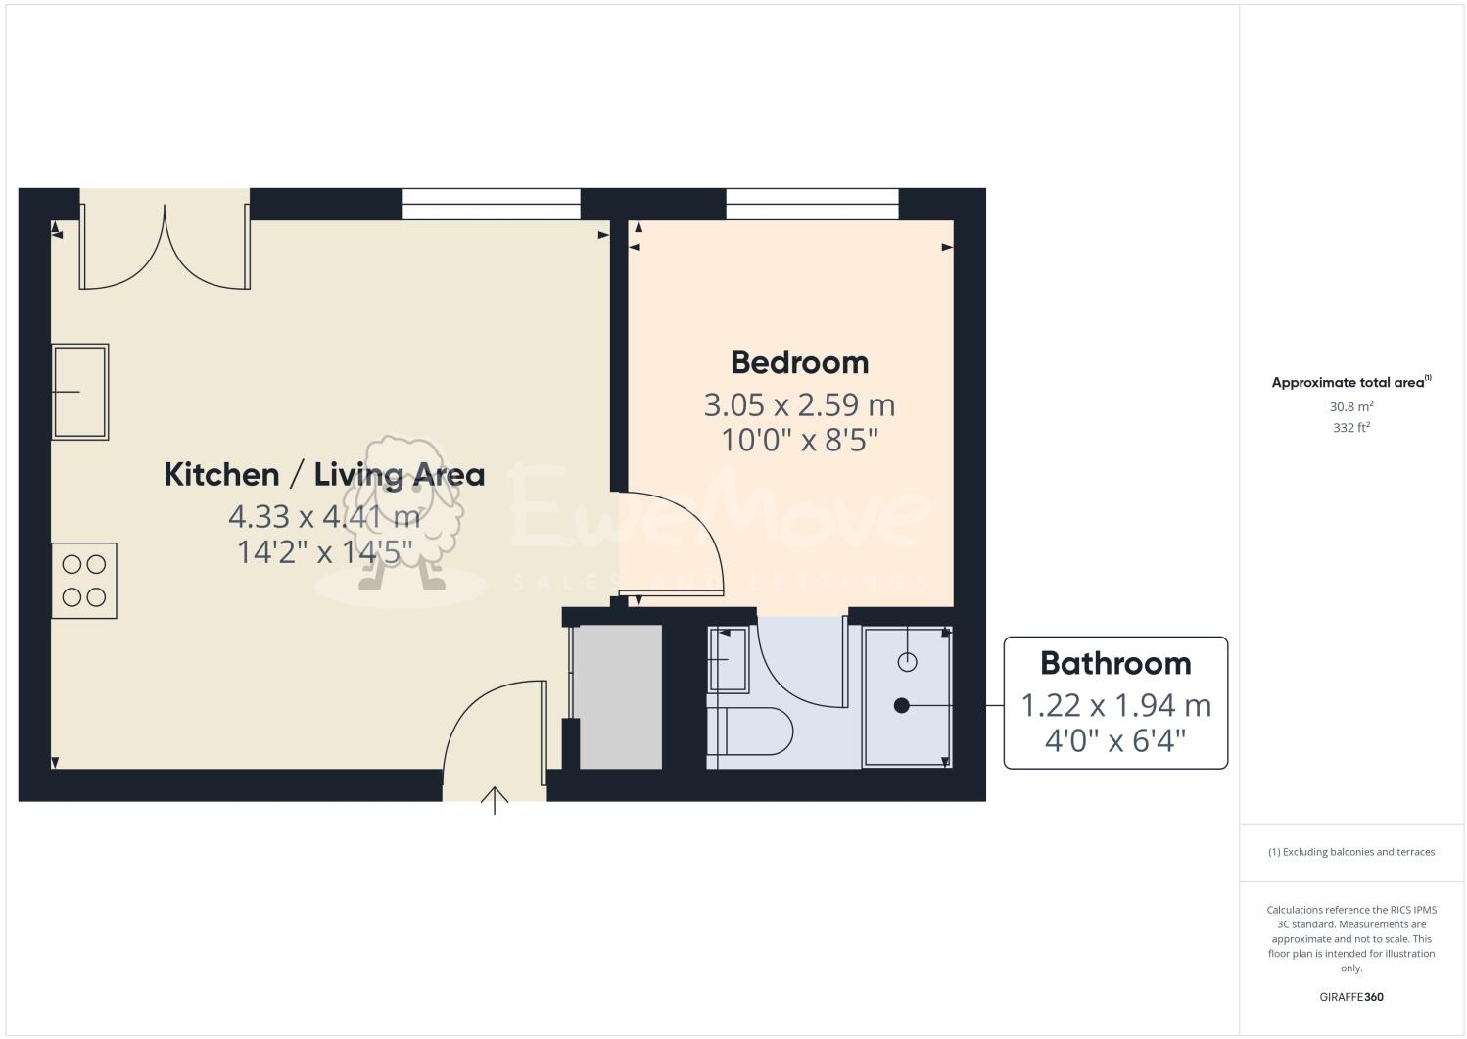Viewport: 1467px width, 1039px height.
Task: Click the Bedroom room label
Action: [799, 362]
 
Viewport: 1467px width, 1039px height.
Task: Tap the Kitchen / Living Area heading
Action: [324, 475]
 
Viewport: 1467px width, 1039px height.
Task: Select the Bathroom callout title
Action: [1115, 664]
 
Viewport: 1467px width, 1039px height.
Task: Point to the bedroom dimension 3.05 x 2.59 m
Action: [799, 404]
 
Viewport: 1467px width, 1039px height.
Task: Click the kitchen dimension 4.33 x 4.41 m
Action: [324, 515]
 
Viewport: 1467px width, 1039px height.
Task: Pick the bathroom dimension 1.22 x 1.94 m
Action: [1115, 705]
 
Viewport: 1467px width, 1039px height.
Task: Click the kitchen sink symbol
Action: [79, 392]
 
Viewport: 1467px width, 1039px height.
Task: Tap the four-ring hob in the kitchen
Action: [84, 581]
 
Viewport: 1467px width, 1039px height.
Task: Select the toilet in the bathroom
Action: [753, 732]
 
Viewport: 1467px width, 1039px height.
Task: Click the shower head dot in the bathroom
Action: [902, 705]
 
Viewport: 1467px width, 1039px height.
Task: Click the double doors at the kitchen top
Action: [165, 250]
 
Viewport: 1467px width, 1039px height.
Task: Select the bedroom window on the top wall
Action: [812, 205]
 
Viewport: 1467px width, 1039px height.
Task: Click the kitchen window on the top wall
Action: [492, 205]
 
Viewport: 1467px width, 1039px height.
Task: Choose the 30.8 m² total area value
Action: [1351, 406]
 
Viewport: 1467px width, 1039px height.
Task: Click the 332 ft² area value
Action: [1351, 428]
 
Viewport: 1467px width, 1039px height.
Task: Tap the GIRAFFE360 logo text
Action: [1351, 998]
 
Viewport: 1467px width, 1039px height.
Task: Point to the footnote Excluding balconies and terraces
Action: [1351, 852]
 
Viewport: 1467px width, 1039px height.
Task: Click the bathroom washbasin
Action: [728, 660]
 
